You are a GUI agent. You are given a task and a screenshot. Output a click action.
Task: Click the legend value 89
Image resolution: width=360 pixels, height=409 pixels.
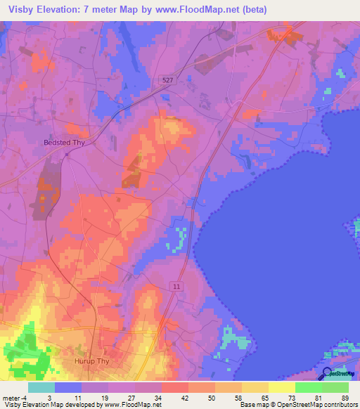pyautogui.click(x=345, y=398)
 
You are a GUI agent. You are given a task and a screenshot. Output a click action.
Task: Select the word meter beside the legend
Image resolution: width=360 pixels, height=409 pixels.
pyautogui.click(x=12, y=398)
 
